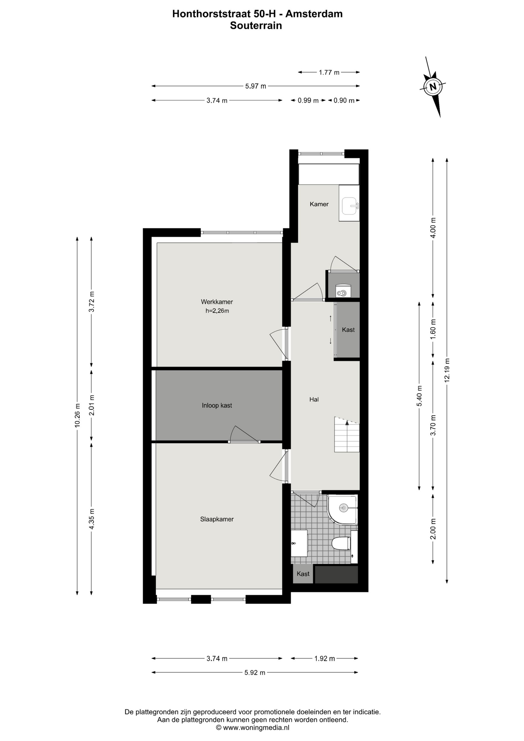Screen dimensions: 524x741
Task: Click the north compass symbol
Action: pos(433,86)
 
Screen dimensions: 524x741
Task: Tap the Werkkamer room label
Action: pos(217,302)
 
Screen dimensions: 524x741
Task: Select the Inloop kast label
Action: pos(217,405)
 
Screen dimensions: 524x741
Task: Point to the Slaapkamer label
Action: pos(217,519)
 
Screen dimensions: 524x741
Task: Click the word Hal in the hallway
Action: pos(314,399)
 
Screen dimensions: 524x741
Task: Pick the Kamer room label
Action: pos(319,204)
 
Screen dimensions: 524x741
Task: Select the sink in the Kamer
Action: pos(350,205)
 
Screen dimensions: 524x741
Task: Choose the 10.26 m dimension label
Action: pos(77,416)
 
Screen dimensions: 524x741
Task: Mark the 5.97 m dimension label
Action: pos(255,86)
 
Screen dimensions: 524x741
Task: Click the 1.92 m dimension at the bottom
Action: pos(325,658)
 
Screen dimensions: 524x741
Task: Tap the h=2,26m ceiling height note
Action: pos(217,311)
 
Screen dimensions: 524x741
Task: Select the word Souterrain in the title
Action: pos(256,25)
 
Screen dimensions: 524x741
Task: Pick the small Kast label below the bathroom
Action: pos(303,574)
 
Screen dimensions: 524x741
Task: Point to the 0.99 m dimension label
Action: pos(308,101)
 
